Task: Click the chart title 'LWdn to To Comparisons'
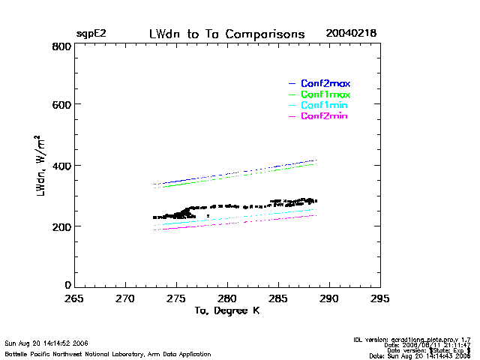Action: point(226,34)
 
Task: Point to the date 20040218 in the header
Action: point(351,34)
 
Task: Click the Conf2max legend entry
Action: point(325,83)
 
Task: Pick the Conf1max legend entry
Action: point(325,94)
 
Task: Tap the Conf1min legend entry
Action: point(324,106)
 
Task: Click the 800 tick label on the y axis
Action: point(62,46)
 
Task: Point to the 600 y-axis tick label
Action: point(62,105)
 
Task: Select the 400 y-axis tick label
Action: point(62,166)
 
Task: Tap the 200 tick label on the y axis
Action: point(62,226)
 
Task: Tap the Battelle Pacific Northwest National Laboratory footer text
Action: point(108,352)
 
